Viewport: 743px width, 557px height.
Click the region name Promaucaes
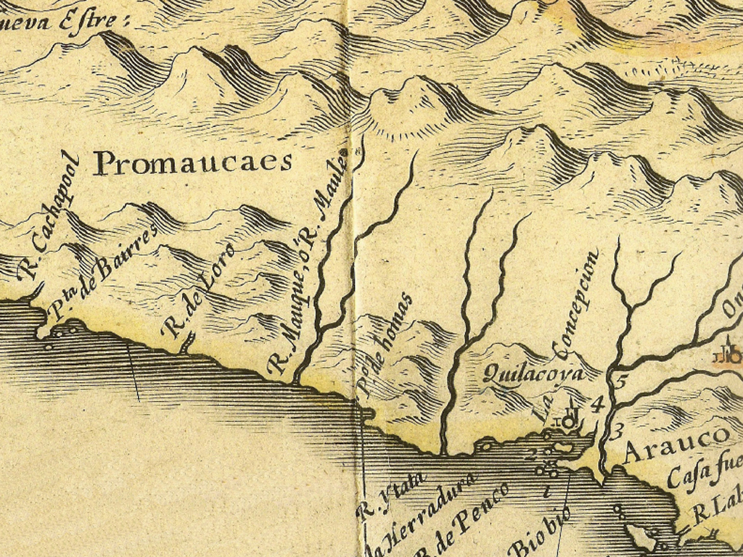pos(193,163)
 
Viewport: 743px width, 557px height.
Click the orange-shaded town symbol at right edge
pos(728,355)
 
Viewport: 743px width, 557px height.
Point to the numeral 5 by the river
pos(619,379)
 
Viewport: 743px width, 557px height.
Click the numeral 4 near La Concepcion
pos(596,404)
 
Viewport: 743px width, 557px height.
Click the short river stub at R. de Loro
pos(187,343)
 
